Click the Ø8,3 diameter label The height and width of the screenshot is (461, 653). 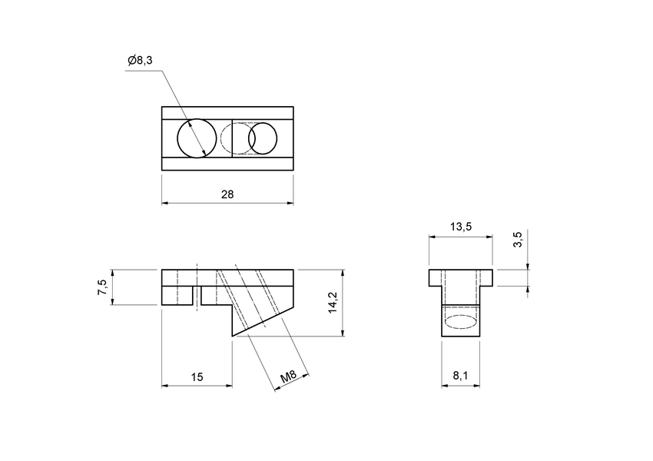[x=141, y=60]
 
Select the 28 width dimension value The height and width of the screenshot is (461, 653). [x=227, y=194]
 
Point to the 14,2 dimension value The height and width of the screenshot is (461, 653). [x=332, y=303]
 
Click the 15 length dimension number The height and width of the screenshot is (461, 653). [x=197, y=376]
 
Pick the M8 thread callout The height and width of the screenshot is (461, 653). [x=289, y=376]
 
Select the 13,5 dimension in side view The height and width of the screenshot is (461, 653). [x=460, y=227]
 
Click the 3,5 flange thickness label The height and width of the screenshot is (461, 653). [x=518, y=240]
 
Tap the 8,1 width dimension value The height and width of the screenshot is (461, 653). [x=460, y=376]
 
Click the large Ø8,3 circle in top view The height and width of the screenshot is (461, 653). [x=197, y=138]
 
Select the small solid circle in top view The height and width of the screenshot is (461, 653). [x=262, y=138]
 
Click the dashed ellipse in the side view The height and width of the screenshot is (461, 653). [x=460, y=320]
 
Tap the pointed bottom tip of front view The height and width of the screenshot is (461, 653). [x=233, y=336]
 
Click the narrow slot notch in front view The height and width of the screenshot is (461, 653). [x=197, y=297]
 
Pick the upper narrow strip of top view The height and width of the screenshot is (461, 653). [x=227, y=113]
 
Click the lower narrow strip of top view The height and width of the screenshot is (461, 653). [x=227, y=164]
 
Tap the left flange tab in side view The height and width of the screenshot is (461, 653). [x=435, y=278]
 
